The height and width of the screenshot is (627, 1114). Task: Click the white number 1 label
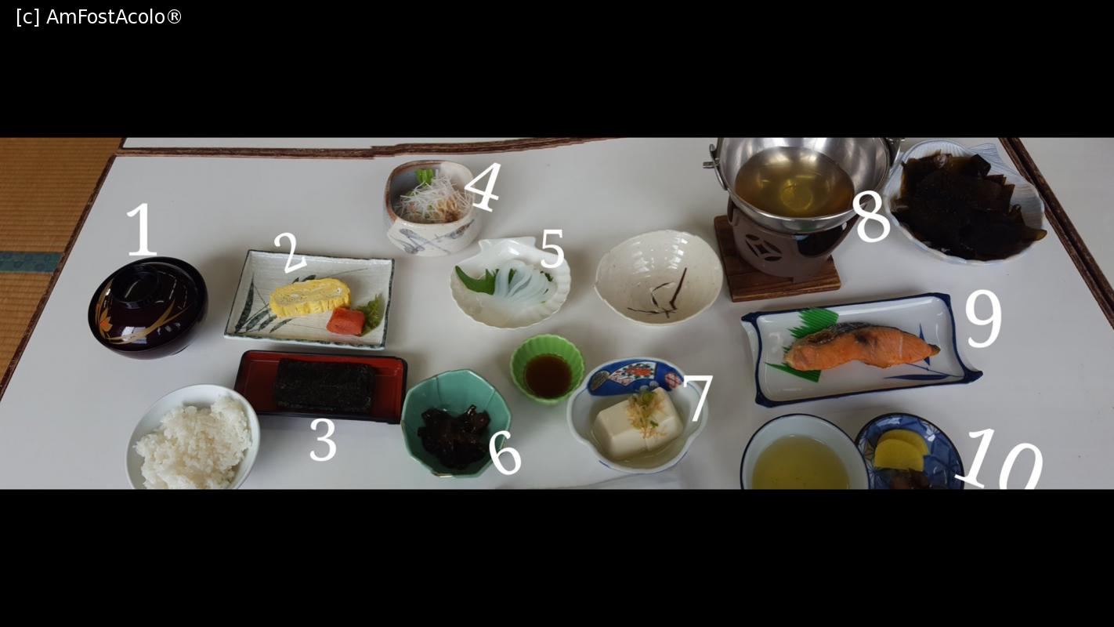[x=142, y=230]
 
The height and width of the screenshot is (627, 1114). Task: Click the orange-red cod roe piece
[x=345, y=321]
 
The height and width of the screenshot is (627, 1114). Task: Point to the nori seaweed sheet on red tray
[x=325, y=386]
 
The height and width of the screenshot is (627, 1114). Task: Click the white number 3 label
[x=323, y=440]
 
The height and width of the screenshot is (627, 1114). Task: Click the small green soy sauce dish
[x=547, y=368]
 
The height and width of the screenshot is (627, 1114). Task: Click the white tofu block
[x=638, y=423]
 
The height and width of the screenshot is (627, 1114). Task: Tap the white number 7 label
[x=699, y=398]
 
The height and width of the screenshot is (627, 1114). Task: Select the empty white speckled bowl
[x=659, y=277]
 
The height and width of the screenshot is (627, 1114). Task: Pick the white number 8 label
[x=871, y=218]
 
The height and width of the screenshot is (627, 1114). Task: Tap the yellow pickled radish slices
[x=901, y=450]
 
